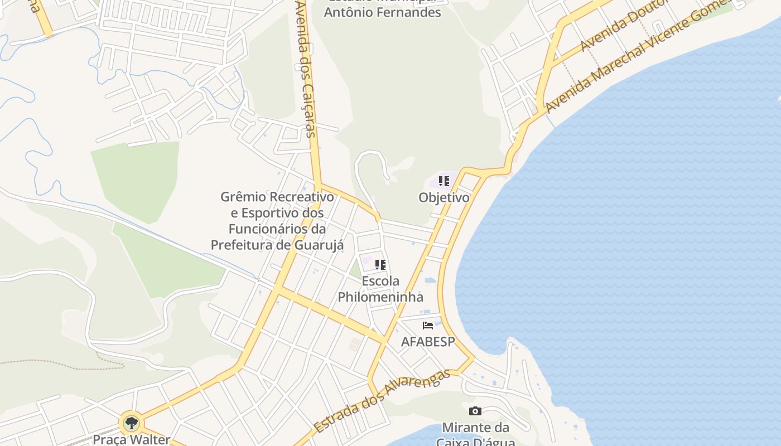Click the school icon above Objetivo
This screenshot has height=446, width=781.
(x=444, y=181)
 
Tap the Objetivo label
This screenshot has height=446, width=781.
(x=444, y=197)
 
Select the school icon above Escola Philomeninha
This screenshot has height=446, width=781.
(x=380, y=265)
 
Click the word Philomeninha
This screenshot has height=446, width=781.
(x=380, y=297)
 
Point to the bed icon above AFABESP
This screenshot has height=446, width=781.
(x=428, y=326)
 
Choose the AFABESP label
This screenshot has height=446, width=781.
(x=428, y=341)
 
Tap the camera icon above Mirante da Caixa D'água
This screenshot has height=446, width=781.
(x=475, y=411)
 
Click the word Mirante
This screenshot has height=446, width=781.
(x=467, y=428)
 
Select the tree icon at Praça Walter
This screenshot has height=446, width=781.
(x=131, y=423)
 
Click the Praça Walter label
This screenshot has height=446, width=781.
(x=131, y=439)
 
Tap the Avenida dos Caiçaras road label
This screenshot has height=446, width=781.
(x=306, y=69)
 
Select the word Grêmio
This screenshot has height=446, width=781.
(x=243, y=197)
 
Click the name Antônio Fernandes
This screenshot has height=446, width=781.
(x=382, y=12)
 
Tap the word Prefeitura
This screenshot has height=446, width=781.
(x=239, y=245)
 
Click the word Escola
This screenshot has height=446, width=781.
(x=380, y=281)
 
